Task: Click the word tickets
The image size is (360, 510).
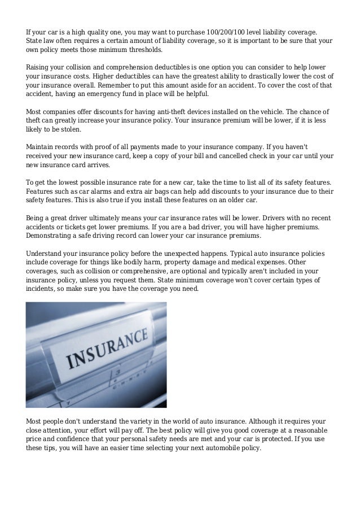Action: (85, 227)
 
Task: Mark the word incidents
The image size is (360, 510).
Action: (42, 290)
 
